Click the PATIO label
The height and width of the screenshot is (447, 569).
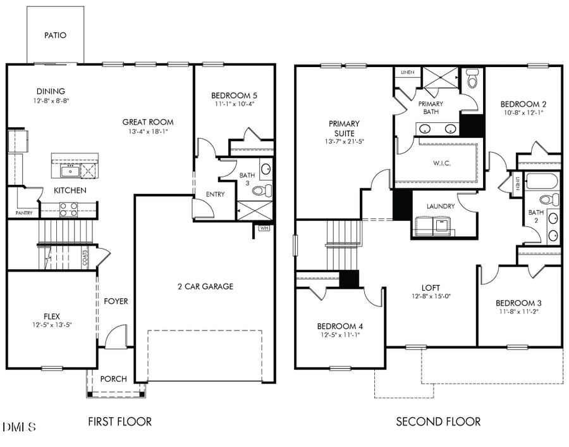coord(55,35)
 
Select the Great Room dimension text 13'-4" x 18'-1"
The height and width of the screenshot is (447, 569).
coord(149,132)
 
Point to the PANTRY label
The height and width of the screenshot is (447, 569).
coord(24,213)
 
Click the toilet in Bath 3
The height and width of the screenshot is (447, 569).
coord(266,189)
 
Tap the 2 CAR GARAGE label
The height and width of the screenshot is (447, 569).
coord(205,286)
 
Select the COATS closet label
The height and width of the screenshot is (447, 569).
coord(85,258)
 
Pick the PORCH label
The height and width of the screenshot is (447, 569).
coord(114,379)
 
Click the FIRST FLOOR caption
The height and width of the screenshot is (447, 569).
coord(119,421)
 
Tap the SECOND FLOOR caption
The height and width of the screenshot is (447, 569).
coord(438,421)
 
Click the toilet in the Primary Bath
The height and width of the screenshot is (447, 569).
coord(472,80)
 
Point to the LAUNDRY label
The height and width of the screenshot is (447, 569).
coord(441,206)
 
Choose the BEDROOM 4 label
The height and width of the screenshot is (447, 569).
coord(340,326)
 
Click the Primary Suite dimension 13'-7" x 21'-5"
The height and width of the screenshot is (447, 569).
coord(344,142)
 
